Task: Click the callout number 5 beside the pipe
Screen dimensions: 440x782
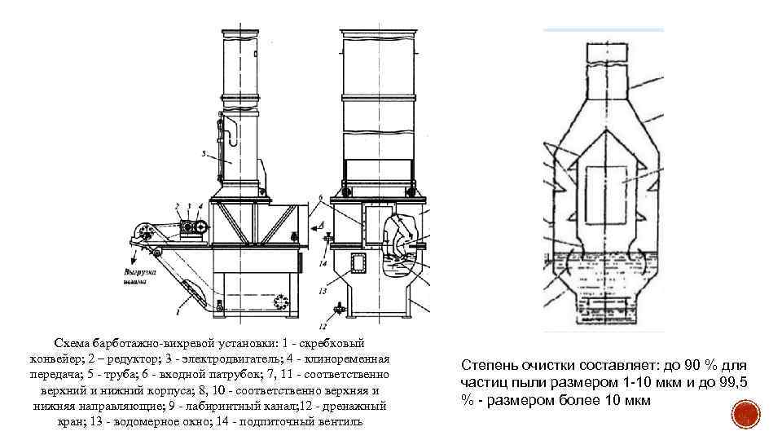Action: point(203,153)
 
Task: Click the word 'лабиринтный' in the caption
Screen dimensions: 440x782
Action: point(233,405)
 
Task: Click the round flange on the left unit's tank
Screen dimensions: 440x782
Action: point(283,301)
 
